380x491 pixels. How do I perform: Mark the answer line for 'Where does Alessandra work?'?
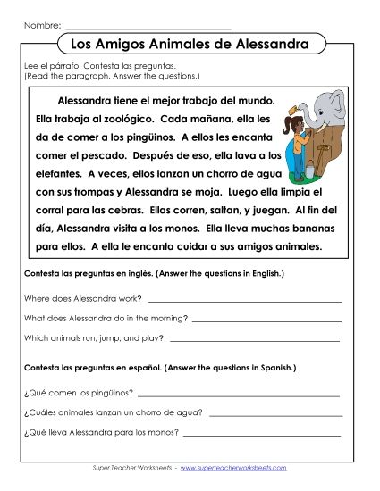point(243,301)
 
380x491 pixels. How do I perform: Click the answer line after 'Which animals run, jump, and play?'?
point(254,340)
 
